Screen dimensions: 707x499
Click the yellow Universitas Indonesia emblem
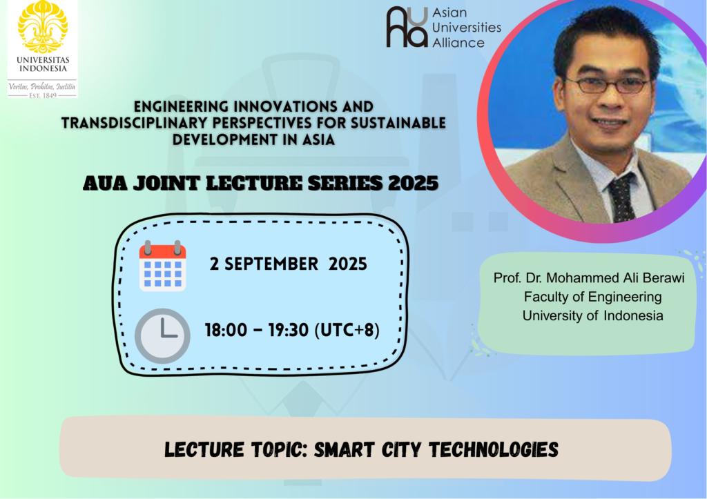(43, 26)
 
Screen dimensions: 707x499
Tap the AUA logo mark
(407, 27)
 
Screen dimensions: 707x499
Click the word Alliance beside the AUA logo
(458, 43)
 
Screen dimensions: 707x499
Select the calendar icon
(162, 266)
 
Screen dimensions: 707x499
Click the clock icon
(162, 336)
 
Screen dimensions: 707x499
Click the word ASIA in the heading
(318, 139)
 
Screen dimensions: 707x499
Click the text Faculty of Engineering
(592, 297)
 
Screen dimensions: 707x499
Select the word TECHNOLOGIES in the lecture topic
(493, 449)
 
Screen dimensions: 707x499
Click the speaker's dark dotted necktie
(621, 197)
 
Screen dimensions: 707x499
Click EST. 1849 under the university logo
(42, 95)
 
